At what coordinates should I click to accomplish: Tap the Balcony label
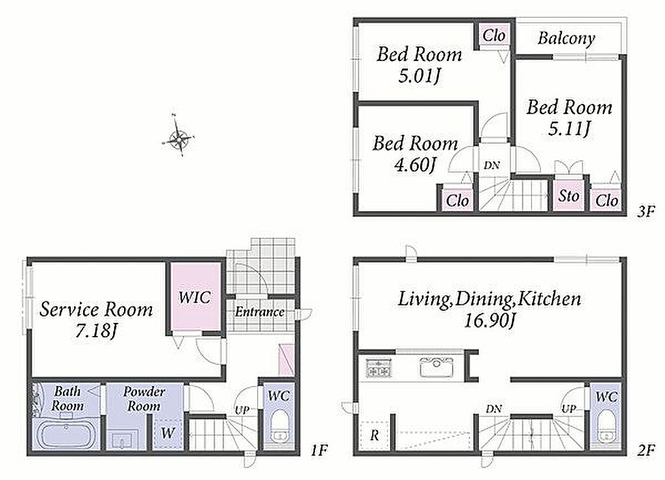click(566, 38)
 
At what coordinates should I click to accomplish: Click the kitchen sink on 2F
click(436, 367)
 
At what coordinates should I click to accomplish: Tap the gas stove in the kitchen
click(379, 368)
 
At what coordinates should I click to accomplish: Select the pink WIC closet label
click(194, 297)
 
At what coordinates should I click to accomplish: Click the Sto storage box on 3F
click(568, 196)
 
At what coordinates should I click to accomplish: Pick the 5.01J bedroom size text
click(419, 77)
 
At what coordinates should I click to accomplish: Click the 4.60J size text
click(415, 165)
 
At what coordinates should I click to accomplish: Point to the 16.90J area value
click(489, 320)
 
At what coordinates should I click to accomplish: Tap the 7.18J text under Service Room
click(96, 331)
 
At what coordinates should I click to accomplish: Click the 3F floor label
click(646, 211)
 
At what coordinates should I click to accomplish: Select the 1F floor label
click(319, 450)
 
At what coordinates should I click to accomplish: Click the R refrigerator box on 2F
click(375, 435)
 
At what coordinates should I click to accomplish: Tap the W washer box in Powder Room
click(168, 433)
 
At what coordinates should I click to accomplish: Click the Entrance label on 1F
click(260, 312)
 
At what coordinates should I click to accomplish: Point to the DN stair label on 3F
click(492, 165)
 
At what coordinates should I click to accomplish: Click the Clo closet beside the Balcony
click(494, 36)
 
